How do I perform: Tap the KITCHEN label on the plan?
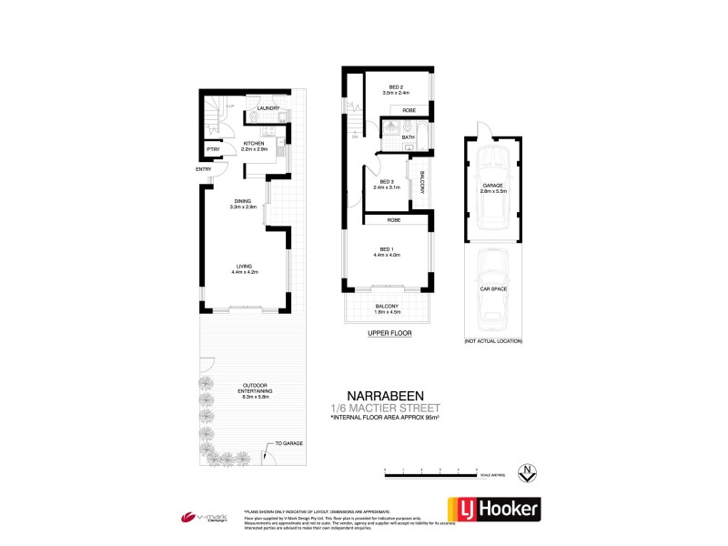[254, 144]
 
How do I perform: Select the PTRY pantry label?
[213, 149]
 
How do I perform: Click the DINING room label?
[243, 202]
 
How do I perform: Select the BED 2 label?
[396, 87]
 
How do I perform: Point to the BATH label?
[409, 137]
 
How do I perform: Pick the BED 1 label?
[387, 248]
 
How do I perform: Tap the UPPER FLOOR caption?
[389, 334]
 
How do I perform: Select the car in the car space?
[491, 289]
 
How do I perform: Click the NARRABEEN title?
[389, 397]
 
